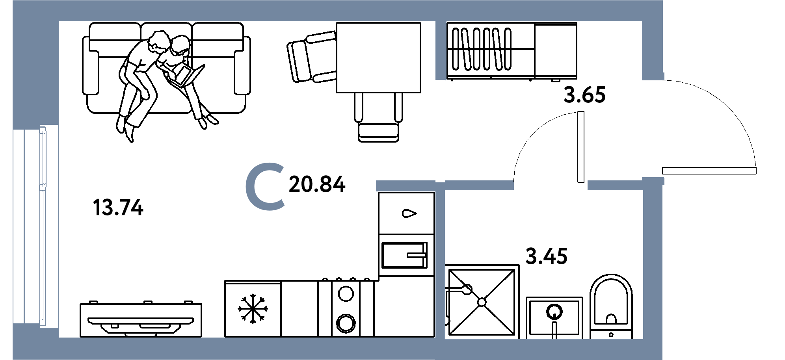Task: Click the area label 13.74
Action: (118, 208)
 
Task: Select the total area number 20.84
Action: (317, 184)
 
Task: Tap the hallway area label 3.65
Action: (584, 95)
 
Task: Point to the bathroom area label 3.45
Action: (547, 256)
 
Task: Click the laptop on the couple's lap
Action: (185, 76)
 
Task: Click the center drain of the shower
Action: (482, 302)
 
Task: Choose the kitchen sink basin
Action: (404, 255)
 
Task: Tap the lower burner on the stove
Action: (346, 323)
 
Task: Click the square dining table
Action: (378, 58)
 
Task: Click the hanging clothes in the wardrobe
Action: (482, 49)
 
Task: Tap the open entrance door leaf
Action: (709, 171)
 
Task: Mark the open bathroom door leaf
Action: (580, 147)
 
